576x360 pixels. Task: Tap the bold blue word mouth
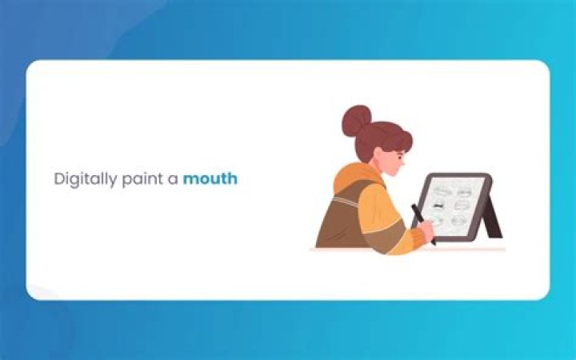point(210,178)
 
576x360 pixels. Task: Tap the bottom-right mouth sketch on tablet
point(460,220)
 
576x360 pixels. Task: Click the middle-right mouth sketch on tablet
point(462,205)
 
